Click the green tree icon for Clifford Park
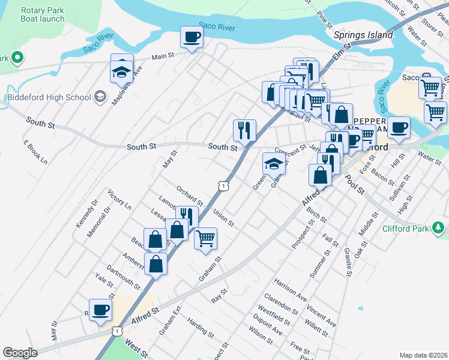pyautogui.click(x=439, y=228)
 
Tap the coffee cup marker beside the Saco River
pyautogui.click(x=191, y=38)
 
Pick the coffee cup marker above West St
pyautogui.click(x=101, y=310)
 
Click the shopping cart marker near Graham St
pyautogui.click(x=205, y=238)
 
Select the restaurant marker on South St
pyautogui.click(x=244, y=130)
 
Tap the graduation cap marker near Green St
pyautogui.click(x=273, y=163)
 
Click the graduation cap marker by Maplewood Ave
pyautogui.click(x=121, y=73)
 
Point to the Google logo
pyautogui.click(x=20, y=353)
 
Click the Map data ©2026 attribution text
pyautogui.click(x=423, y=355)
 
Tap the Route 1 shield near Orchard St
pyautogui.click(x=223, y=187)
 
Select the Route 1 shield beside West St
pyautogui.click(x=118, y=331)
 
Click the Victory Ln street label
pyautogui.click(x=119, y=200)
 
